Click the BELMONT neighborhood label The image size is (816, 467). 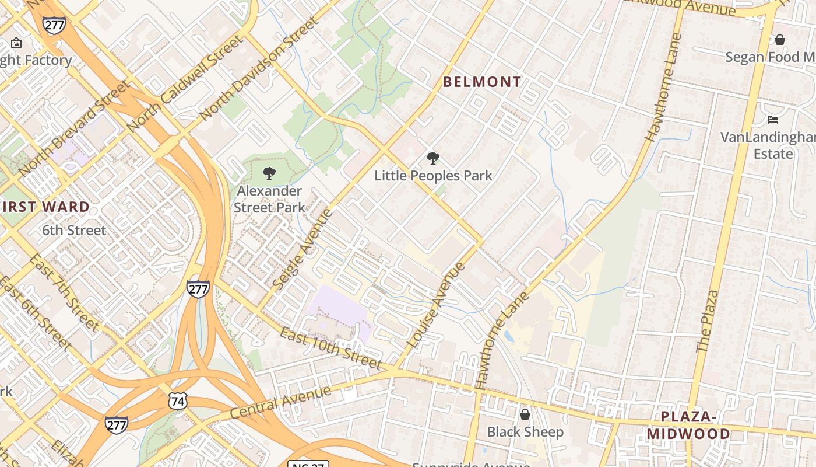click(482, 82)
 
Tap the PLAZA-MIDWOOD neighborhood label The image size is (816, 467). click(688, 425)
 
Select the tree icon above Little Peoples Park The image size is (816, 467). click(432, 158)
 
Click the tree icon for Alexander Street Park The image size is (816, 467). click(269, 173)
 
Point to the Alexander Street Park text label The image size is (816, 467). click(269, 199)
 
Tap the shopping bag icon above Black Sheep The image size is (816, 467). click(525, 414)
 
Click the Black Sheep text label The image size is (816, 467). click(525, 432)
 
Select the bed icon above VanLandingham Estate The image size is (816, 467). click(773, 120)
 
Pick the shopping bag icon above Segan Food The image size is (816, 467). click(779, 40)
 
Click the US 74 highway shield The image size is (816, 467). click(177, 400)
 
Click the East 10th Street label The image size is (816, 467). click(330, 348)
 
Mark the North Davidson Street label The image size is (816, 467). click(259, 69)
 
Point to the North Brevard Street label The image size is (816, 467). click(73, 128)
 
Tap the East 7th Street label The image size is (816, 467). click(65, 292)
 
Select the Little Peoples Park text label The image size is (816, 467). click(433, 176)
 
